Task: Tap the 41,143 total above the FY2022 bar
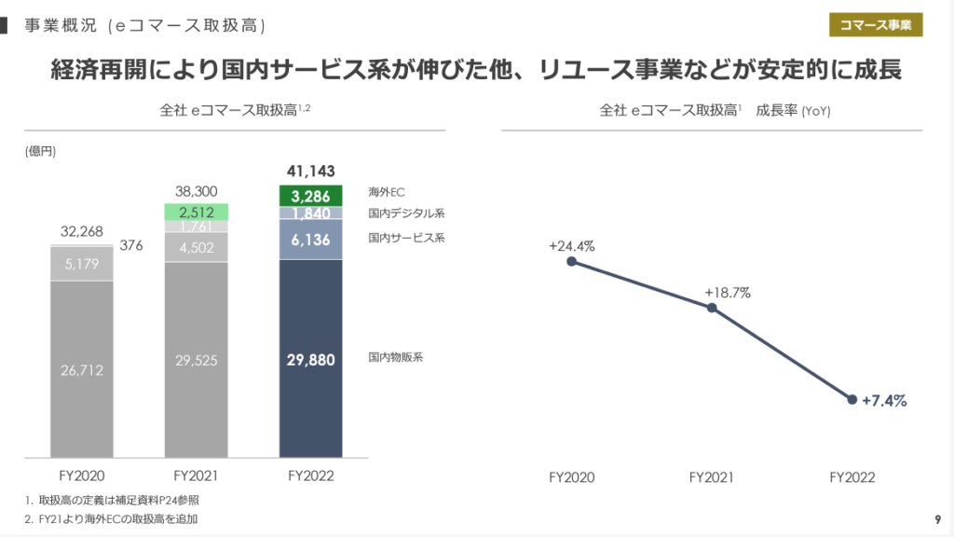tap(311, 171)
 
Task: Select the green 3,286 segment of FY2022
tap(311, 196)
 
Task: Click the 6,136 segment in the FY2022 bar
tap(311, 239)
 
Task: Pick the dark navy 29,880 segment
tap(311, 359)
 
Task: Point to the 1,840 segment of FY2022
tap(311, 213)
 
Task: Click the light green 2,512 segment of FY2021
tap(197, 212)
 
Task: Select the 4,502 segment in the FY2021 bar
tap(197, 247)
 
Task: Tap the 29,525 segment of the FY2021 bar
tap(197, 360)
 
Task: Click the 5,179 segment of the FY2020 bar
tap(82, 264)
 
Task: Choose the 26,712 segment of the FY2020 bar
tap(82, 370)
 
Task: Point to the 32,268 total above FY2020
tap(82, 231)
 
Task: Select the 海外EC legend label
tap(387, 192)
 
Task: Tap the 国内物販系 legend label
tap(396, 357)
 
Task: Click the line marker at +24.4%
tap(571, 261)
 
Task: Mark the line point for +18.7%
tap(712, 308)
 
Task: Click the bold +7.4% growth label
tap(884, 401)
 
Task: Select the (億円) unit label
tap(41, 152)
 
